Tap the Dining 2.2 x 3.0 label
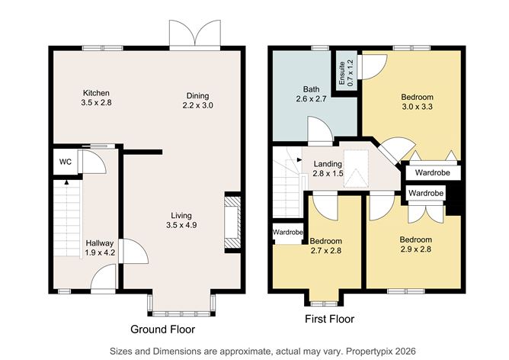[x=197, y=101]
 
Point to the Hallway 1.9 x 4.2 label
[x=99, y=247]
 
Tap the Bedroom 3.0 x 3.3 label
[x=417, y=102]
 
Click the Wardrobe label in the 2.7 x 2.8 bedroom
[x=289, y=232]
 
